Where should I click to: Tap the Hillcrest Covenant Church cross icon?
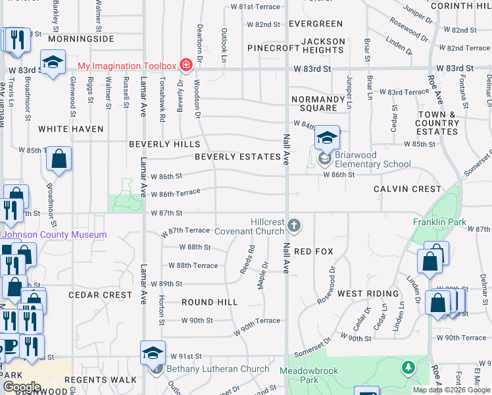pos(293,226)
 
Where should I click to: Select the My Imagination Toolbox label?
pos(127,66)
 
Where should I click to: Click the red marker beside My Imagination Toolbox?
pos(186,65)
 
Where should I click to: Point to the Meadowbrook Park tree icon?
pos(408,366)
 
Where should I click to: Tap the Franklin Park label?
pos(440,222)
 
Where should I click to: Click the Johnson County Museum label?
pos(55,235)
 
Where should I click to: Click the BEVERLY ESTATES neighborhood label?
pos(237,157)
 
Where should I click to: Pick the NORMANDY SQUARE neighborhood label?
pos(319,103)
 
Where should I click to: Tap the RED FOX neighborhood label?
pos(314,251)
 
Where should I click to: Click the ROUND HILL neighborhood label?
pos(209,302)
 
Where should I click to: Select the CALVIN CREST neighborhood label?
pos(407,189)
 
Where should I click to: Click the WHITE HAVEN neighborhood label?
pos(71,129)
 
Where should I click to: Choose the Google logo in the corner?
pos(22,387)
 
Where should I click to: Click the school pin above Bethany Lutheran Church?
pos(153,352)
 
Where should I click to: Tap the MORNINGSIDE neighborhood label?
pos(81,39)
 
